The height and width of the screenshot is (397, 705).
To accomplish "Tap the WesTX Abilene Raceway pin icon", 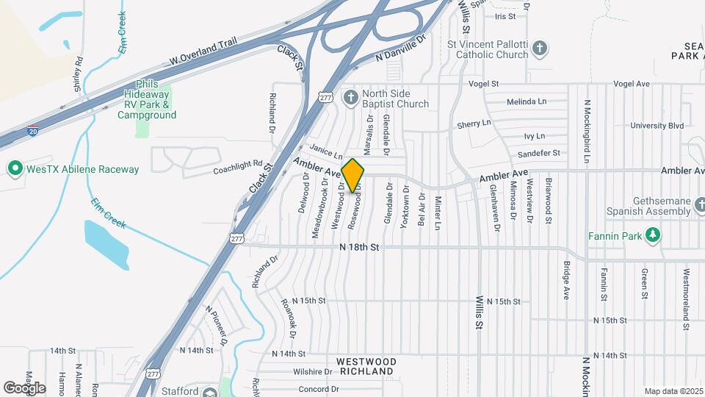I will pos(14,169).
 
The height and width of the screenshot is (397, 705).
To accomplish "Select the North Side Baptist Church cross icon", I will pos(351,98).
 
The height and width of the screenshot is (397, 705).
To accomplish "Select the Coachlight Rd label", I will pos(237,168).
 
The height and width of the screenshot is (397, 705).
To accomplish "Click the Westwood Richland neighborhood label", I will pos(366,367).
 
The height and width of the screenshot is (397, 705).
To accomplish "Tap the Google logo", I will pos(24,387).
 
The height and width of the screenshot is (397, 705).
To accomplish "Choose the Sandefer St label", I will pos(538,153).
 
